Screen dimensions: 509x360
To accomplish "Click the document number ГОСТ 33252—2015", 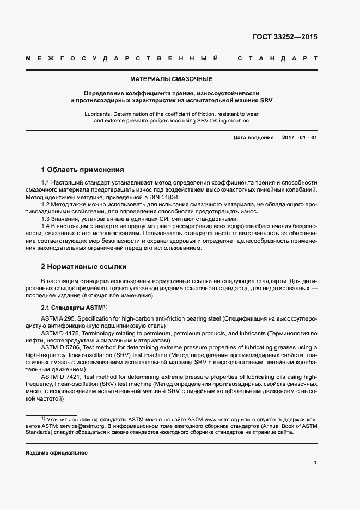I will (284, 38).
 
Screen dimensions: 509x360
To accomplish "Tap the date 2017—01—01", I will (300, 138).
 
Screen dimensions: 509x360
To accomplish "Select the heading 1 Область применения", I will (83, 170).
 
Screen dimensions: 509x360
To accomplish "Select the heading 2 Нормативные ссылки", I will (84, 267).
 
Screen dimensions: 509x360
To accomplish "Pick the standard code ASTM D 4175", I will (60, 332).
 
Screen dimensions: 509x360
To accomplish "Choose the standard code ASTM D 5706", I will (60, 347).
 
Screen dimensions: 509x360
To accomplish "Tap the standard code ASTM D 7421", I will (60, 376).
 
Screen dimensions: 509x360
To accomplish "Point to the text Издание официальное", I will (57, 453).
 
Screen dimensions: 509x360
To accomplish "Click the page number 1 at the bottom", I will (315, 463).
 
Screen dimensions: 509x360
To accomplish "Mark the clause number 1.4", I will (45, 225).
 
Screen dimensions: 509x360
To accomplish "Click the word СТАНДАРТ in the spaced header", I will (278, 58).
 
